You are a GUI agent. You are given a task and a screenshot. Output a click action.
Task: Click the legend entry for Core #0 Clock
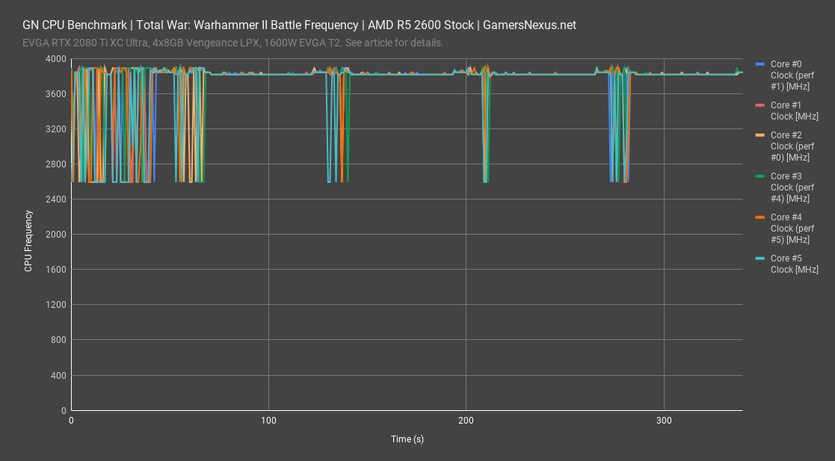793,75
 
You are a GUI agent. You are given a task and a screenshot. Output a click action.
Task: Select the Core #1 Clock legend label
794,111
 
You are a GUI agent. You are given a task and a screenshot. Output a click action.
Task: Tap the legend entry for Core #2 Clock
793,146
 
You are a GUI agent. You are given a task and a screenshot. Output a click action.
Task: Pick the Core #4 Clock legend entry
793,228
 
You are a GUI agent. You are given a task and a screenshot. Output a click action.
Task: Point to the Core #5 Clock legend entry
794,263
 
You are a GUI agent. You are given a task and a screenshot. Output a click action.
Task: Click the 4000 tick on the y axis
55,59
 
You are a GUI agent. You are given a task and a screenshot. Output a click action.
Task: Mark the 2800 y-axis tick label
55,164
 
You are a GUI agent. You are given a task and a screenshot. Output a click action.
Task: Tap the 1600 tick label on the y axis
55,270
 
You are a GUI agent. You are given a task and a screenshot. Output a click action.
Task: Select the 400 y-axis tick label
58,375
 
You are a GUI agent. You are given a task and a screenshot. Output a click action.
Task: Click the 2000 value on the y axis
55,235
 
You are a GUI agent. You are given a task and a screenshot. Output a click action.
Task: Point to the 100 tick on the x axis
268,421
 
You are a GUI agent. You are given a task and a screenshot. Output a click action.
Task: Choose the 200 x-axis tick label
466,421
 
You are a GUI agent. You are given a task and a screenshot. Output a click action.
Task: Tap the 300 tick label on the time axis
663,421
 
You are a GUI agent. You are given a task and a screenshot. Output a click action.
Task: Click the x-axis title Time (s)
407,439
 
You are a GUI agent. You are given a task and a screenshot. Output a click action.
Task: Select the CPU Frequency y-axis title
28,241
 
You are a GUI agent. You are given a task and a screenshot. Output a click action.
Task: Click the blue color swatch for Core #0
761,65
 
